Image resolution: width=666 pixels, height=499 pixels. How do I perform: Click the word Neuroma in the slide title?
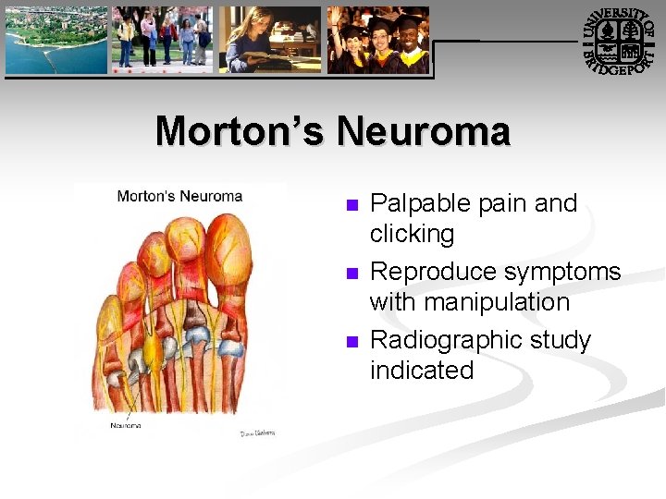423,131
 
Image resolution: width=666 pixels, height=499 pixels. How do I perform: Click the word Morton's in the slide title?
240,131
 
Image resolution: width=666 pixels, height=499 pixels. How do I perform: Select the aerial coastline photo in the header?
55,40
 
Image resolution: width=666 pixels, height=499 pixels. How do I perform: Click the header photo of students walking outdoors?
161,40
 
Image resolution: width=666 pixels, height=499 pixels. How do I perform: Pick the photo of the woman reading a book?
269,40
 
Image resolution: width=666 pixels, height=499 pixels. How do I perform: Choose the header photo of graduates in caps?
378,40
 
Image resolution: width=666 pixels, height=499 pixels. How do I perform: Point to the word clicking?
412,234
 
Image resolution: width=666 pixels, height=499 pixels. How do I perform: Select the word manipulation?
470,302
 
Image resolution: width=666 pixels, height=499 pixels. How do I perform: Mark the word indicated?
422,371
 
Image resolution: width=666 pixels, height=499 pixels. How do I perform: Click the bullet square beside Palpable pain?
350,205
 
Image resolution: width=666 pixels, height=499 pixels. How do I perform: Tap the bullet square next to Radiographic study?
350,342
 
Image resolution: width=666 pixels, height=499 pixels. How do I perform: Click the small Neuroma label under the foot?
127,425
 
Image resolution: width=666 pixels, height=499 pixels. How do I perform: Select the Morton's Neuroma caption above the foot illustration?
179,196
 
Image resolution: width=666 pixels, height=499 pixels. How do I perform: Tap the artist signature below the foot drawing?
257,432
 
